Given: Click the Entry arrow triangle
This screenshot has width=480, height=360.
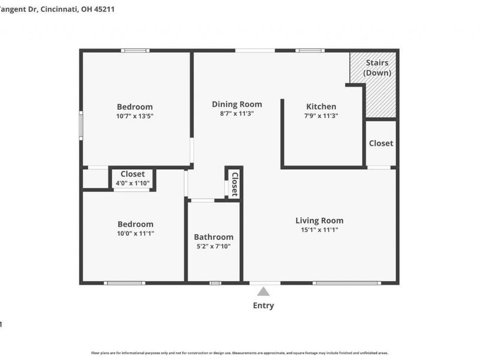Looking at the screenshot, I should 263,292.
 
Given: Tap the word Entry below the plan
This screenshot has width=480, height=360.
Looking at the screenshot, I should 263,305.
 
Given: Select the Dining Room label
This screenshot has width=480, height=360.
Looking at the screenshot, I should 237,104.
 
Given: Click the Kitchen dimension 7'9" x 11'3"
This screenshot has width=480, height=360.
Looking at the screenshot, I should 321,116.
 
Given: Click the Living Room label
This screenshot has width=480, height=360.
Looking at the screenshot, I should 319,220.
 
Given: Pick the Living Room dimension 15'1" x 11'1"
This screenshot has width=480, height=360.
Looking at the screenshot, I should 319,230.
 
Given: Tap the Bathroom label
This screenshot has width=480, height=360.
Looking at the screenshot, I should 214,237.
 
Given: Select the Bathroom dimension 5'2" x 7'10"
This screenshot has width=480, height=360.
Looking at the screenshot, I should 214,246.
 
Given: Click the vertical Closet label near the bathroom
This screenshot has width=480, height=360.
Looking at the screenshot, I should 235,184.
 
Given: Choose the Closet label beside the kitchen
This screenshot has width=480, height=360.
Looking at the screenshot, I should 381,143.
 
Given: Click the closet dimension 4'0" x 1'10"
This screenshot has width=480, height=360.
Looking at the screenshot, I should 133,183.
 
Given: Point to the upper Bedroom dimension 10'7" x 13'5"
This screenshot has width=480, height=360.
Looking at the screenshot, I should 134,116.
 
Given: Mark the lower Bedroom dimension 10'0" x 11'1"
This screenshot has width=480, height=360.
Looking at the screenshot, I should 135,233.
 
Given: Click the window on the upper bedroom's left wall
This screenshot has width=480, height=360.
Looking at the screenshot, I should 81,125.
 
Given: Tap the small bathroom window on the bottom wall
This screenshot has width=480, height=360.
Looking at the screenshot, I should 215,283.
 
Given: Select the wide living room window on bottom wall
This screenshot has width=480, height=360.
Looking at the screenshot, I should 347,283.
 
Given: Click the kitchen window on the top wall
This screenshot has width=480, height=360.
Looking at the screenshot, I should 310,50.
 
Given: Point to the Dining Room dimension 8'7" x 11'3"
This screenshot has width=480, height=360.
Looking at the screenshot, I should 237,113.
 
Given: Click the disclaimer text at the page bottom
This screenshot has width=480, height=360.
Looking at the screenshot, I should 239,353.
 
